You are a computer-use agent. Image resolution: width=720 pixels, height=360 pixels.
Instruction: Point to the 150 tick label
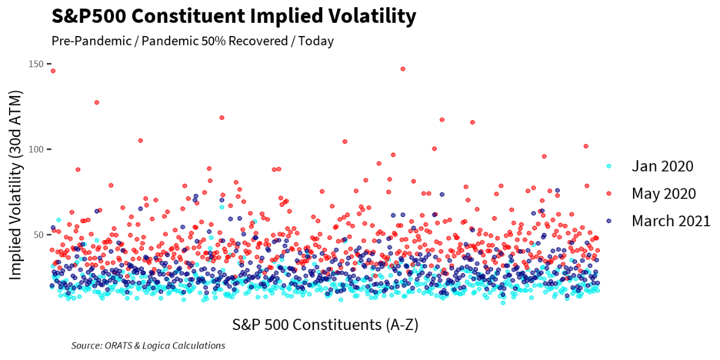pyautogui.click(x=36, y=64)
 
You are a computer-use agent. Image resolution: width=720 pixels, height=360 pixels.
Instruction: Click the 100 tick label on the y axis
pyautogui.click(x=36, y=149)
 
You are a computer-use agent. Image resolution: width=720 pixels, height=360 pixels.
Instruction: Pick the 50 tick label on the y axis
pyautogui.click(x=38, y=234)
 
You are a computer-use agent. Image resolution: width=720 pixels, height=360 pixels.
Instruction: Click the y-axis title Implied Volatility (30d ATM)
pyautogui.click(x=16, y=184)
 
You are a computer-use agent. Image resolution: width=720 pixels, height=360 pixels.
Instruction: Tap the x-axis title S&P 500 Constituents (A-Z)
pyautogui.click(x=325, y=325)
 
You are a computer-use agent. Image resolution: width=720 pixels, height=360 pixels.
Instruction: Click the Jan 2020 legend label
pyautogui.click(x=662, y=166)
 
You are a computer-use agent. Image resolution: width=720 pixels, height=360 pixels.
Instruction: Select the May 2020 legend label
pyautogui.click(x=664, y=193)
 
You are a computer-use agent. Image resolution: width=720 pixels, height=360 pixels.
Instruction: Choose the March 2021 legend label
pyautogui.click(x=671, y=220)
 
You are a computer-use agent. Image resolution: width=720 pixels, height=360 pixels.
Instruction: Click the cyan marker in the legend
pyautogui.click(x=608, y=166)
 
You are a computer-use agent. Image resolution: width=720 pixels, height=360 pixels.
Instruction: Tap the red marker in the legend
pyautogui.click(x=608, y=193)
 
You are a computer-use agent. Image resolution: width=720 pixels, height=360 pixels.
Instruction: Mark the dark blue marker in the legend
pyautogui.click(x=608, y=221)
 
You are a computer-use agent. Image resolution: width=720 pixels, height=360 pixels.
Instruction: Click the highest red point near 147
pyautogui.click(x=403, y=69)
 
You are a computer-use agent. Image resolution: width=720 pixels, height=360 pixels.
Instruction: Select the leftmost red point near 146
pyautogui.click(x=53, y=71)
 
